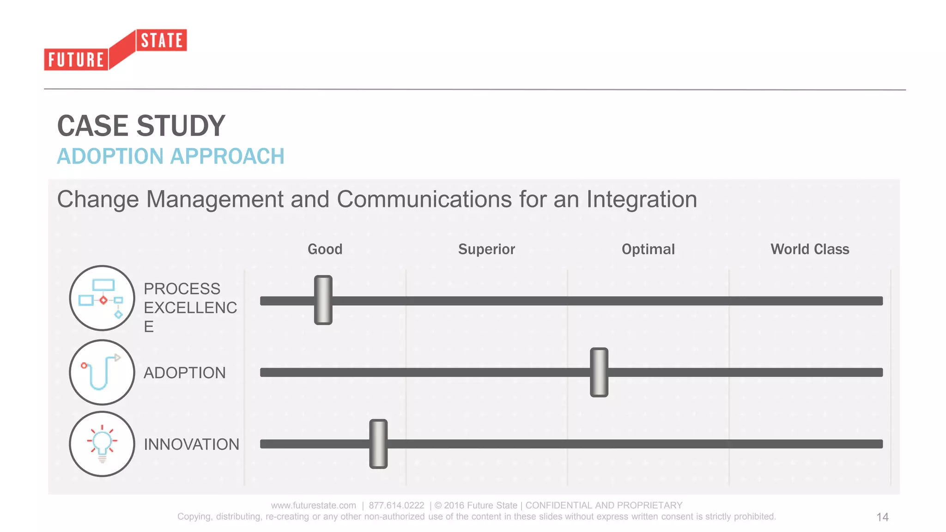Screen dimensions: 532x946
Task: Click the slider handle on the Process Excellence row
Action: point(323,300)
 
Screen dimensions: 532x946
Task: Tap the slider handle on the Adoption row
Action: point(599,372)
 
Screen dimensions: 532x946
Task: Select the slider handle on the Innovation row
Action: point(378,444)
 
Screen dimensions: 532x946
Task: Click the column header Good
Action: point(325,249)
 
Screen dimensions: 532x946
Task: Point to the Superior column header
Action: point(486,249)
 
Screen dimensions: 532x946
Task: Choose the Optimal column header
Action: point(648,249)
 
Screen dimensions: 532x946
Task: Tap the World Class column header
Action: point(809,249)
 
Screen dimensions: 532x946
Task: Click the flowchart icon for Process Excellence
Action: point(102,298)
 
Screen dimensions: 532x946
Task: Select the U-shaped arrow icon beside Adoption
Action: point(102,372)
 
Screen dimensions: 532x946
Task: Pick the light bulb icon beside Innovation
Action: point(102,444)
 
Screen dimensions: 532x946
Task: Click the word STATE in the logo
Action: point(162,41)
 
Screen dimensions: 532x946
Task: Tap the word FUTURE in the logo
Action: point(76,60)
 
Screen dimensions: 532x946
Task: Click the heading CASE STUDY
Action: point(141,126)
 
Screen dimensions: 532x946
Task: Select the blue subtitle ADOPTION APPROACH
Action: point(170,156)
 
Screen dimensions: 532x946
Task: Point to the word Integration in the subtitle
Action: point(641,199)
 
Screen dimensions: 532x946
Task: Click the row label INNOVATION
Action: point(191,444)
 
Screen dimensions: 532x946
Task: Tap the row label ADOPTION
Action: point(184,373)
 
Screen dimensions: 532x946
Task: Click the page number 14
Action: point(882,517)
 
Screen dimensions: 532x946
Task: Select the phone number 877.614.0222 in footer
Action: point(396,505)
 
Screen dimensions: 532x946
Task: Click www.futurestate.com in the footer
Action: point(313,505)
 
